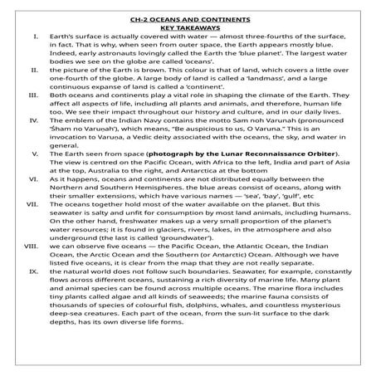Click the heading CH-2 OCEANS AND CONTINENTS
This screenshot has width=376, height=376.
click(x=187, y=18)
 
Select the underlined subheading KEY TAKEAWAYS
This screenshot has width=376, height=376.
click(x=187, y=28)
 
